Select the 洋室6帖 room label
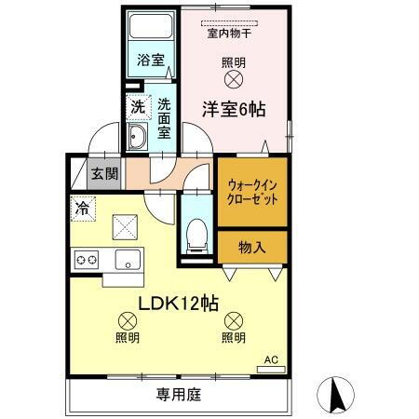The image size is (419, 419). point(235,109)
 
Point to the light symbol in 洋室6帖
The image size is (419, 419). point(235,81)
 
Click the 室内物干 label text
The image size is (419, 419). point(234,35)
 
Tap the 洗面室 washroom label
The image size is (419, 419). point(164,119)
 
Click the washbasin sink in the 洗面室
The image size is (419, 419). point(137,140)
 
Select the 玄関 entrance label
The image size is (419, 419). point(103,172)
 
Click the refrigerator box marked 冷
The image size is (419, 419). point(83,209)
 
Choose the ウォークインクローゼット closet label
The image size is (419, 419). point(252,192)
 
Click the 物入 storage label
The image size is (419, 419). point(252,247)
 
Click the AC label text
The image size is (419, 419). point(272,358)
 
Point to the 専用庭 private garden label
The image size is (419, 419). point(178,395)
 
